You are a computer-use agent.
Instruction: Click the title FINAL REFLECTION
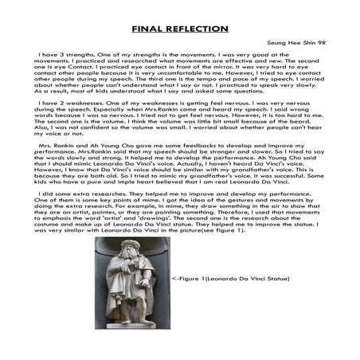179,29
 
